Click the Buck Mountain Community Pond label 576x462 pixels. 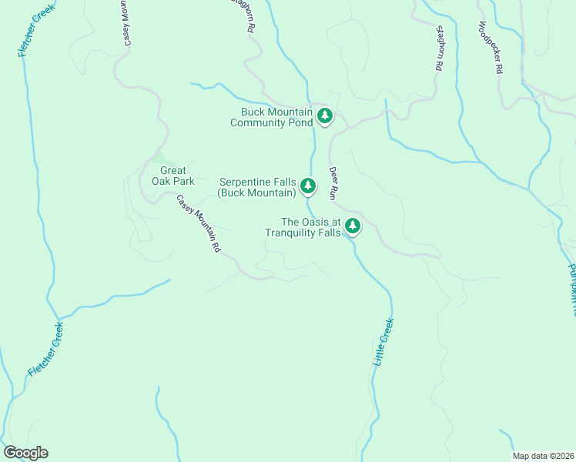(272, 117)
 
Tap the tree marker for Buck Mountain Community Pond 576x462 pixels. (325, 116)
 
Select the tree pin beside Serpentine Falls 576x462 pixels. (307, 186)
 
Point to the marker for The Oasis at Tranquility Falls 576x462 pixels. (352, 226)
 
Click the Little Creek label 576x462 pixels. (383, 341)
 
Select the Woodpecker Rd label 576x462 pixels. (489, 47)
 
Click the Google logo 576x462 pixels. (25, 453)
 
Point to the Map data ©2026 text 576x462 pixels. (542, 456)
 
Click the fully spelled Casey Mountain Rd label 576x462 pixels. (199, 223)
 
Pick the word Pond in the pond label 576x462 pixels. (303, 122)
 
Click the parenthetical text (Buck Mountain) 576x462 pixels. (257, 192)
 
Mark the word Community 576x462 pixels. (261, 122)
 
